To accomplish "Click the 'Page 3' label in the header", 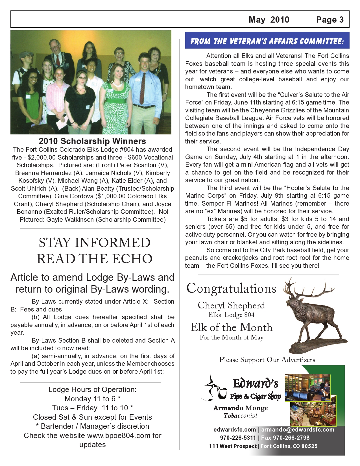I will [x=330, y=20].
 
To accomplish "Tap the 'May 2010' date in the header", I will [x=269, y=20].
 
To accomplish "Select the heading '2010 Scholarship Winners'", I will [x=92, y=141].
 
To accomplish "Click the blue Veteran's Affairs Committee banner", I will [x=267, y=41].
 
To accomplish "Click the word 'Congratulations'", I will [x=231, y=289].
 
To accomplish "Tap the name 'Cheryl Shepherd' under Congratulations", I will [x=231, y=305].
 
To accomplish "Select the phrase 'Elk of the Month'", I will [x=232, y=327].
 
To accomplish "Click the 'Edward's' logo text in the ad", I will [x=255, y=384].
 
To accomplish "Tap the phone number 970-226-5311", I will [x=238, y=438].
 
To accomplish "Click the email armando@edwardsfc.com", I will [x=298, y=430].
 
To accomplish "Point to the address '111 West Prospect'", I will [x=233, y=446].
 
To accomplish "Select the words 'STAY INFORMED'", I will [x=95, y=243].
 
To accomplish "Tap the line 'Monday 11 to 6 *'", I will [x=93, y=399].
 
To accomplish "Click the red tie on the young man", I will [x=143, y=88].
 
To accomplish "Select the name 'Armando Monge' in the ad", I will [x=241, y=408].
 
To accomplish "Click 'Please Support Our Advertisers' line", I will [x=267, y=360].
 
